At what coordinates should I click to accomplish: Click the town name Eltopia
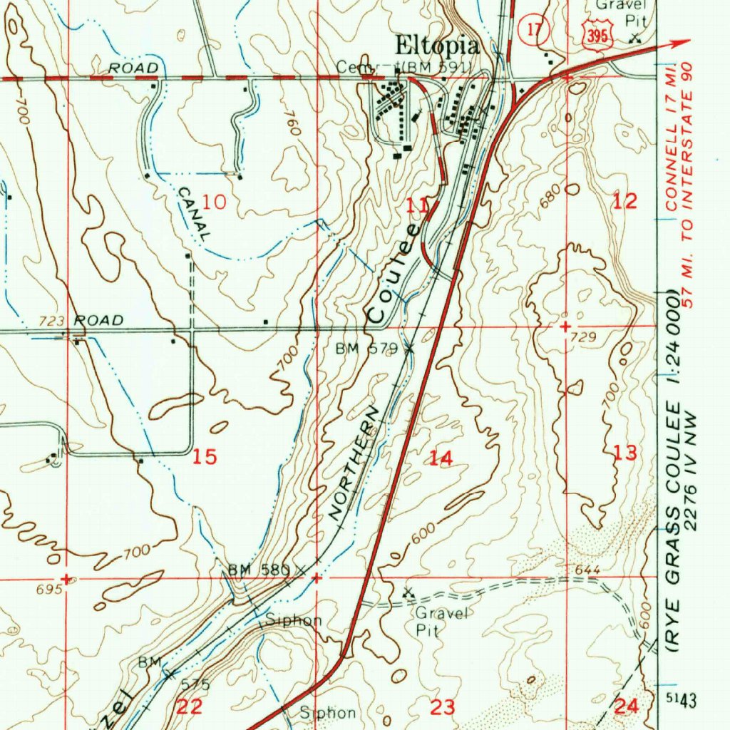(x=437, y=47)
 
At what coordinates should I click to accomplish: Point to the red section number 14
(x=441, y=458)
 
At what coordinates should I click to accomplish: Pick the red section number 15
(x=205, y=457)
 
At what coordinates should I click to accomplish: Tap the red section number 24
(x=627, y=706)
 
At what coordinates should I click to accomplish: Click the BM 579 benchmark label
(x=366, y=349)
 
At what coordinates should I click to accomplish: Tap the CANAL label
(x=194, y=212)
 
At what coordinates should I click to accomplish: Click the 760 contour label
(x=290, y=124)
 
